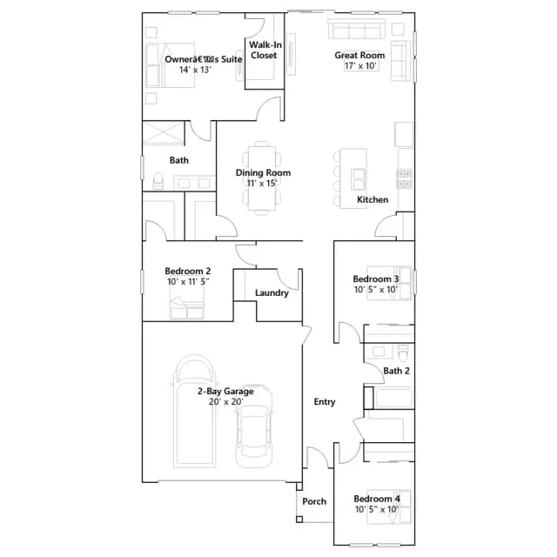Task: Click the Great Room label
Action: click(359, 56)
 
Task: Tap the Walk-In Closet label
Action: click(265, 50)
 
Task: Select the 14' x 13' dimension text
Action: click(195, 70)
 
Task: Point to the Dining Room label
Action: click(263, 172)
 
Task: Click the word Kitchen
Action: click(372, 199)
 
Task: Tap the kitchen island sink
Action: click(358, 179)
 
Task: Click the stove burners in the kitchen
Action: click(404, 178)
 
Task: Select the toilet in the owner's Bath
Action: click(158, 180)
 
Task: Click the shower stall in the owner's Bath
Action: click(164, 133)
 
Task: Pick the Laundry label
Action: click(272, 293)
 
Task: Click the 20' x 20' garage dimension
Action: click(226, 402)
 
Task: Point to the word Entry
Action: click(325, 402)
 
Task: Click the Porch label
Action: click(314, 501)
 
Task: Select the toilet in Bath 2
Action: click(403, 352)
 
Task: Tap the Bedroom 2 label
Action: click(188, 271)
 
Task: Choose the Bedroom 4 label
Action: click(377, 499)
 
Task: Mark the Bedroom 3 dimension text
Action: click(376, 290)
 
